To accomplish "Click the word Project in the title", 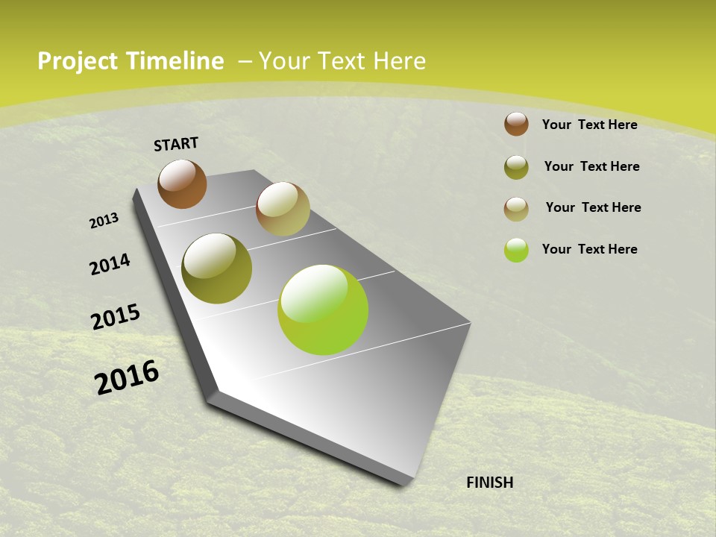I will [75, 61].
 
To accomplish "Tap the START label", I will [176, 144].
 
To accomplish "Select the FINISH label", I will [490, 483].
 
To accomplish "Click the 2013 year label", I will [104, 221].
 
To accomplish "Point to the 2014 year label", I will [110, 264].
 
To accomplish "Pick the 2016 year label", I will [127, 377].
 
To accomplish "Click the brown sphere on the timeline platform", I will [182, 183].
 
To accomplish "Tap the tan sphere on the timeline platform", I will [283, 209].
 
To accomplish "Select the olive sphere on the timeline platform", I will [216, 268].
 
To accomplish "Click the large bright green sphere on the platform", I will [323, 310].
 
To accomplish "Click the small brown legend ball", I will [516, 124].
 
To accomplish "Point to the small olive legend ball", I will [516, 167].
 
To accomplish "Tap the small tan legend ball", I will [516, 209].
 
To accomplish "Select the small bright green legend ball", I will [516, 250].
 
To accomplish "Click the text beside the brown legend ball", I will [589, 125].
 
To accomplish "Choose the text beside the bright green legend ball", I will [589, 249].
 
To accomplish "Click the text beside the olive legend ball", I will [591, 166].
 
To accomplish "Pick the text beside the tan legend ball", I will [593, 207].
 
